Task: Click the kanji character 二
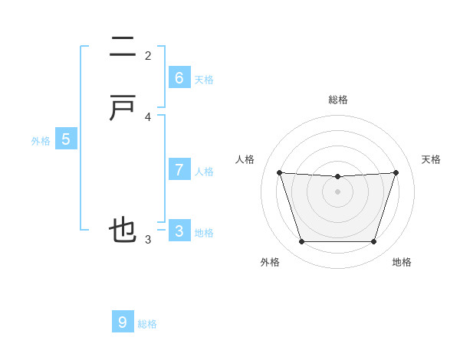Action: pos(123,49)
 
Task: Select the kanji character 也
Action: pos(123,230)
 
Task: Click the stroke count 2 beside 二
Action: pos(148,55)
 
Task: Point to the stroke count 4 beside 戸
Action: pos(148,117)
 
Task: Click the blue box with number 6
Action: pos(179,77)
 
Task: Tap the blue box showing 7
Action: pos(179,169)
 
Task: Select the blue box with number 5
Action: pos(66,139)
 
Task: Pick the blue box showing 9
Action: pos(123,322)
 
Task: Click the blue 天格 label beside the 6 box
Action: pos(204,80)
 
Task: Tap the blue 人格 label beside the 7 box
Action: pos(204,172)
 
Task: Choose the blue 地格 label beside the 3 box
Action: pos(204,233)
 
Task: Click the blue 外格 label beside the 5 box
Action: pos(41,141)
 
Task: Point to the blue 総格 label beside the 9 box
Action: pos(147,324)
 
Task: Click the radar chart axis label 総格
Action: pos(337,100)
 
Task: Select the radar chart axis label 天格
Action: pos(431,159)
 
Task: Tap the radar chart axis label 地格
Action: pos(402,262)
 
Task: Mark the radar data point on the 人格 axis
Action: pos(279,172)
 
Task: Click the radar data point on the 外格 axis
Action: pos(301,242)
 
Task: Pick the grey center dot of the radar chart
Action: pos(337,191)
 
